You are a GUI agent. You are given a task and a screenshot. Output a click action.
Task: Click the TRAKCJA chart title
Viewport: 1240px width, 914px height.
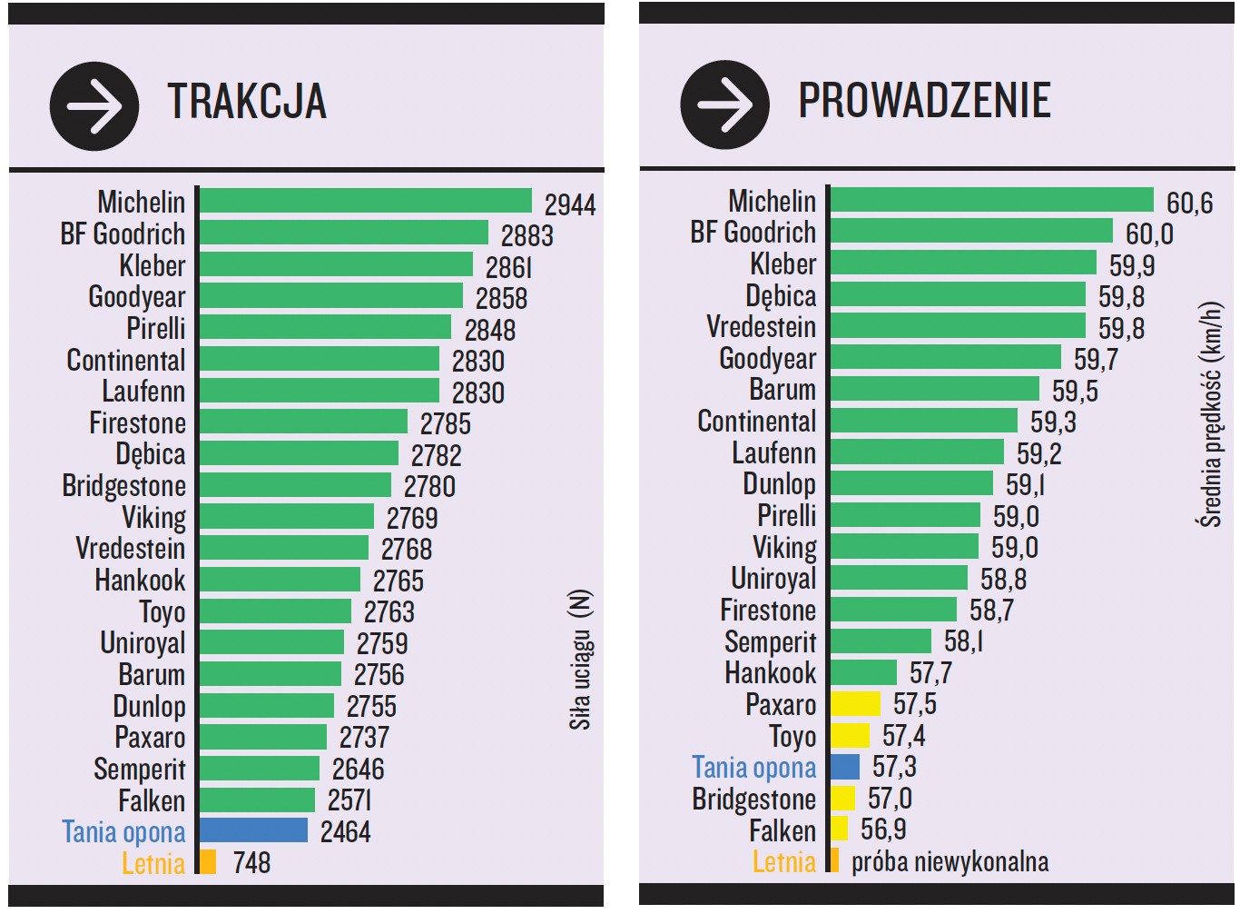246,101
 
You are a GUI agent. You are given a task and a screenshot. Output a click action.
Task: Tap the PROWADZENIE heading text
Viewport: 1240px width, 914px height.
923,100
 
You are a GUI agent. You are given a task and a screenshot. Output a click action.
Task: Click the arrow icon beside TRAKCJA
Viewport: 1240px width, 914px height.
93,106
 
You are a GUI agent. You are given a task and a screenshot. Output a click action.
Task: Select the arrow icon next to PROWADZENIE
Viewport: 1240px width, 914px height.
724,104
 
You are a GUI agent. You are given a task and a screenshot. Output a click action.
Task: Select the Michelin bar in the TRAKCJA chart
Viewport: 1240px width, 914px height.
365,201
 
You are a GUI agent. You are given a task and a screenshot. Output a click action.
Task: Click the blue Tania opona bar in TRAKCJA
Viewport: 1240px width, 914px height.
253,830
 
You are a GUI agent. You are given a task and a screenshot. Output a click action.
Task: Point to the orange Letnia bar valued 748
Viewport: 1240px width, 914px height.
208,861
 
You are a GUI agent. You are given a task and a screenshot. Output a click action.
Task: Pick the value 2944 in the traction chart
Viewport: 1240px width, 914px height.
569,204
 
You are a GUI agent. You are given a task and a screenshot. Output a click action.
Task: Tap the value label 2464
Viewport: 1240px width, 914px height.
345,831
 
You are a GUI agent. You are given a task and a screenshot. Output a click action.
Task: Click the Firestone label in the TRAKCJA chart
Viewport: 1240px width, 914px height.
137,422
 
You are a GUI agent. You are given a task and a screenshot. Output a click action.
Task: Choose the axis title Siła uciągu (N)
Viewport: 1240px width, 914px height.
580,660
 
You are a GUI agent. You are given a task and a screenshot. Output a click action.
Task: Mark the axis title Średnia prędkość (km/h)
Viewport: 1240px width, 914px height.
1209,414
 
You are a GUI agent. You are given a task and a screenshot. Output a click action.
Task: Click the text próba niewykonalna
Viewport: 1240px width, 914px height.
949,861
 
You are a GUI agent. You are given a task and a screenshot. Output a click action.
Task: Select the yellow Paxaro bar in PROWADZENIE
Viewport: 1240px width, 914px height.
855,703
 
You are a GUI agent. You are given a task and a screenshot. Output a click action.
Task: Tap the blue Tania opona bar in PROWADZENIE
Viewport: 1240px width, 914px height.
844,767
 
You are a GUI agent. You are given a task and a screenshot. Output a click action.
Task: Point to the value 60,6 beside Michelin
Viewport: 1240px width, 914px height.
1189,203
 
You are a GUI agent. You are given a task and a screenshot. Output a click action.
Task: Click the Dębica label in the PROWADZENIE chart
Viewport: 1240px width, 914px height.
780,295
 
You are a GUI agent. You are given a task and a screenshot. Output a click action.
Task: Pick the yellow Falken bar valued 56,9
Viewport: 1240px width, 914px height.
839,829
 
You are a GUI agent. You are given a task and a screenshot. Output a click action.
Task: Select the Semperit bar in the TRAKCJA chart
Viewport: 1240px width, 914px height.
259,768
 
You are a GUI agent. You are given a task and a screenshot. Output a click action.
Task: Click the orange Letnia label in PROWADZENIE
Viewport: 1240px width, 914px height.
783,861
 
